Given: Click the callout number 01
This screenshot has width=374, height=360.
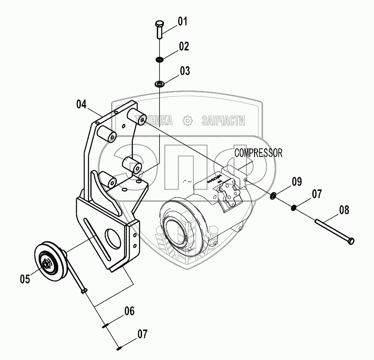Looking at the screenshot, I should [182, 20].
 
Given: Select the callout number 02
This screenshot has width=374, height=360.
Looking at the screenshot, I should [184, 46].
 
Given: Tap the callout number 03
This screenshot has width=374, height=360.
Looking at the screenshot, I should [185, 71].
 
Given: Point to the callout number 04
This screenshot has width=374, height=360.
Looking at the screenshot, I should [81, 104].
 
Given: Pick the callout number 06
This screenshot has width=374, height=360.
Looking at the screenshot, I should [129, 311].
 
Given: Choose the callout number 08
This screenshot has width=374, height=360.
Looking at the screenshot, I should [344, 210].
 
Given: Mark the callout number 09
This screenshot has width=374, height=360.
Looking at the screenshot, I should [296, 181].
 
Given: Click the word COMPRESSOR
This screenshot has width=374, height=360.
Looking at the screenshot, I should [258, 153].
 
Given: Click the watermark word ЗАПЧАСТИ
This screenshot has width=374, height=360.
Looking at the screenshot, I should [223, 121].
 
